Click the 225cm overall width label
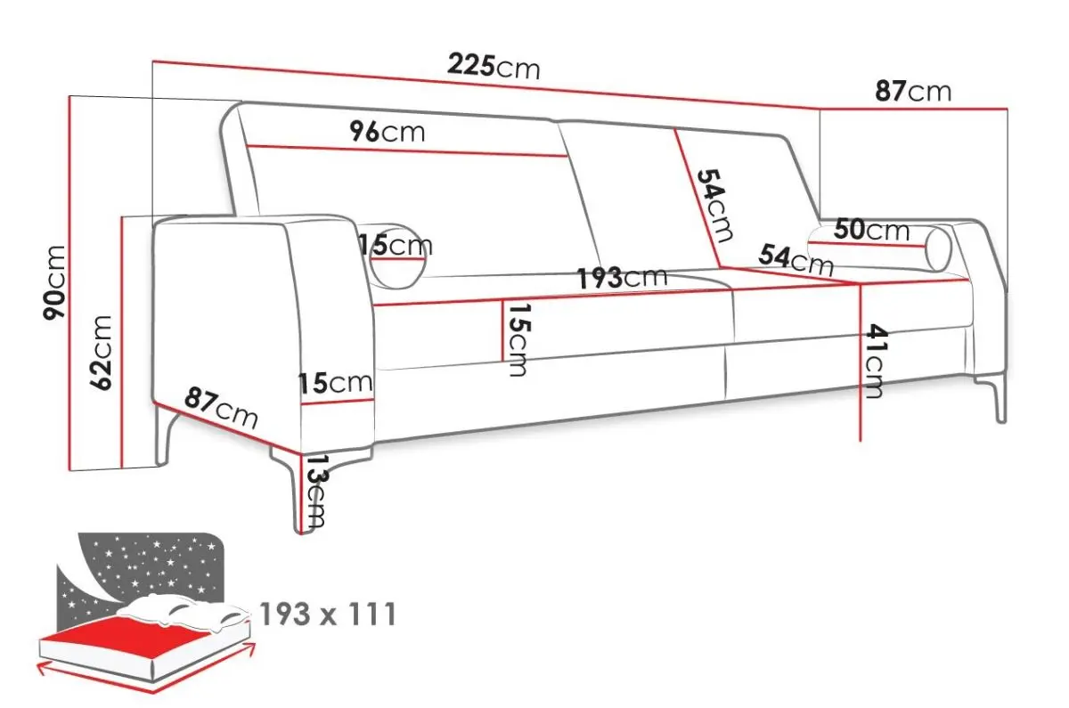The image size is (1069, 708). pyautogui.click(x=494, y=68)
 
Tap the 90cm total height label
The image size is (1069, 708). pyautogui.click(x=53, y=282)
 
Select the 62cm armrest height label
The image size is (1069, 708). pyautogui.click(x=101, y=353)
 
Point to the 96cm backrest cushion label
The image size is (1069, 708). pyautogui.click(x=387, y=132)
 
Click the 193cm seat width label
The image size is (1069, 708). pyautogui.click(x=623, y=278)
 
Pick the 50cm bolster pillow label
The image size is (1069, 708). pyautogui.click(x=872, y=231)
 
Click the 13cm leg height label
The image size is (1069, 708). pyautogui.click(x=315, y=492)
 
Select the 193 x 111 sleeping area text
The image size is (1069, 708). pyautogui.click(x=329, y=614)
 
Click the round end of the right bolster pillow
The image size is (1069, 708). pyautogui.click(x=938, y=249)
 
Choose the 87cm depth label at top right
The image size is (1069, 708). pyautogui.click(x=913, y=92)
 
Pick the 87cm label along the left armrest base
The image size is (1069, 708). pyautogui.click(x=221, y=409)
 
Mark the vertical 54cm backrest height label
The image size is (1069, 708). pyautogui.click(x=715, y=206)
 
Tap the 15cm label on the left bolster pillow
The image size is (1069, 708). pyautogui.click(x=396, y=245)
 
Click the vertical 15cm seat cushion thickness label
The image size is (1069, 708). pyautogui.click(x=518, y=340)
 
